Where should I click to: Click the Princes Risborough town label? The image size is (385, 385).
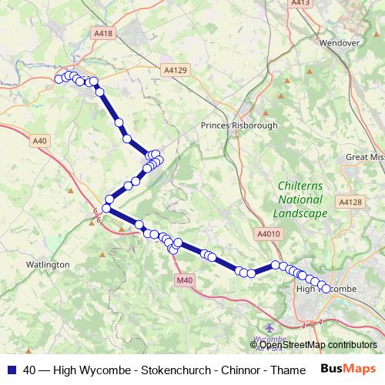coord(238,126)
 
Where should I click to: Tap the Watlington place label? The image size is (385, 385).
coord(49,264)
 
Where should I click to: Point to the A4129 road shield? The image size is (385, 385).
coord(176,69)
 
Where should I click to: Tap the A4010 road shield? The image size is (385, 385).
coord(267,233)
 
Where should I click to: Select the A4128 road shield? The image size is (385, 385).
coord(350,202)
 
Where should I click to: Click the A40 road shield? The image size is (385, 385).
coord(40,140)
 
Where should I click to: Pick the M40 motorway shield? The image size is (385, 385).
coord(184,280)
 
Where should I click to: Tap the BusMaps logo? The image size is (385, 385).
coord(349,370)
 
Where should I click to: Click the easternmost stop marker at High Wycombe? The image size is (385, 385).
coord(326,289)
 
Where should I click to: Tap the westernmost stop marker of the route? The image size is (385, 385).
coord(59,78)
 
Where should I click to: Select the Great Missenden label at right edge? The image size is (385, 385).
coord(364,156)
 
